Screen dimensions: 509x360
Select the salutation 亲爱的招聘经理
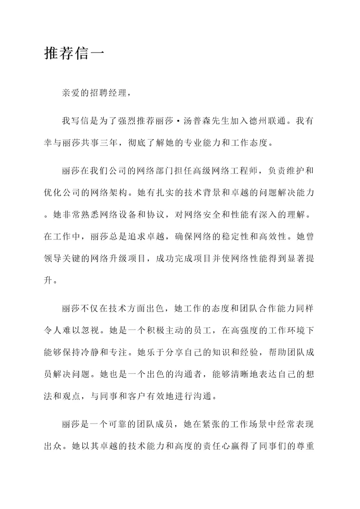point(95,94)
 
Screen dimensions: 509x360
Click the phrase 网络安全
point(226,216)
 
